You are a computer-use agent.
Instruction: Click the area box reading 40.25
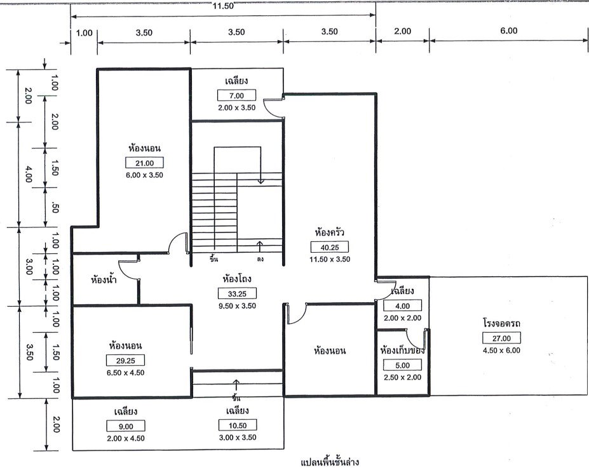(x=330, y=247)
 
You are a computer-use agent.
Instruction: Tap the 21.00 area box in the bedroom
(x=146, y=163)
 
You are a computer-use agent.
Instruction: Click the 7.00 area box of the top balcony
(x=236, y=95)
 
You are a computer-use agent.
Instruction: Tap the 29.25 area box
(x=125, y=360)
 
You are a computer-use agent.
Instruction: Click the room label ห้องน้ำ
(x=104, y=279)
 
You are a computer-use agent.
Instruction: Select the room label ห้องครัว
(x=330, y=232)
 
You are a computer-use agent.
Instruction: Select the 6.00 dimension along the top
(x=509, y=30)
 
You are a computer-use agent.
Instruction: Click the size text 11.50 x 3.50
(x=330, y=259)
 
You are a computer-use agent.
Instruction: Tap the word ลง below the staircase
(x=261, y=259)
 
